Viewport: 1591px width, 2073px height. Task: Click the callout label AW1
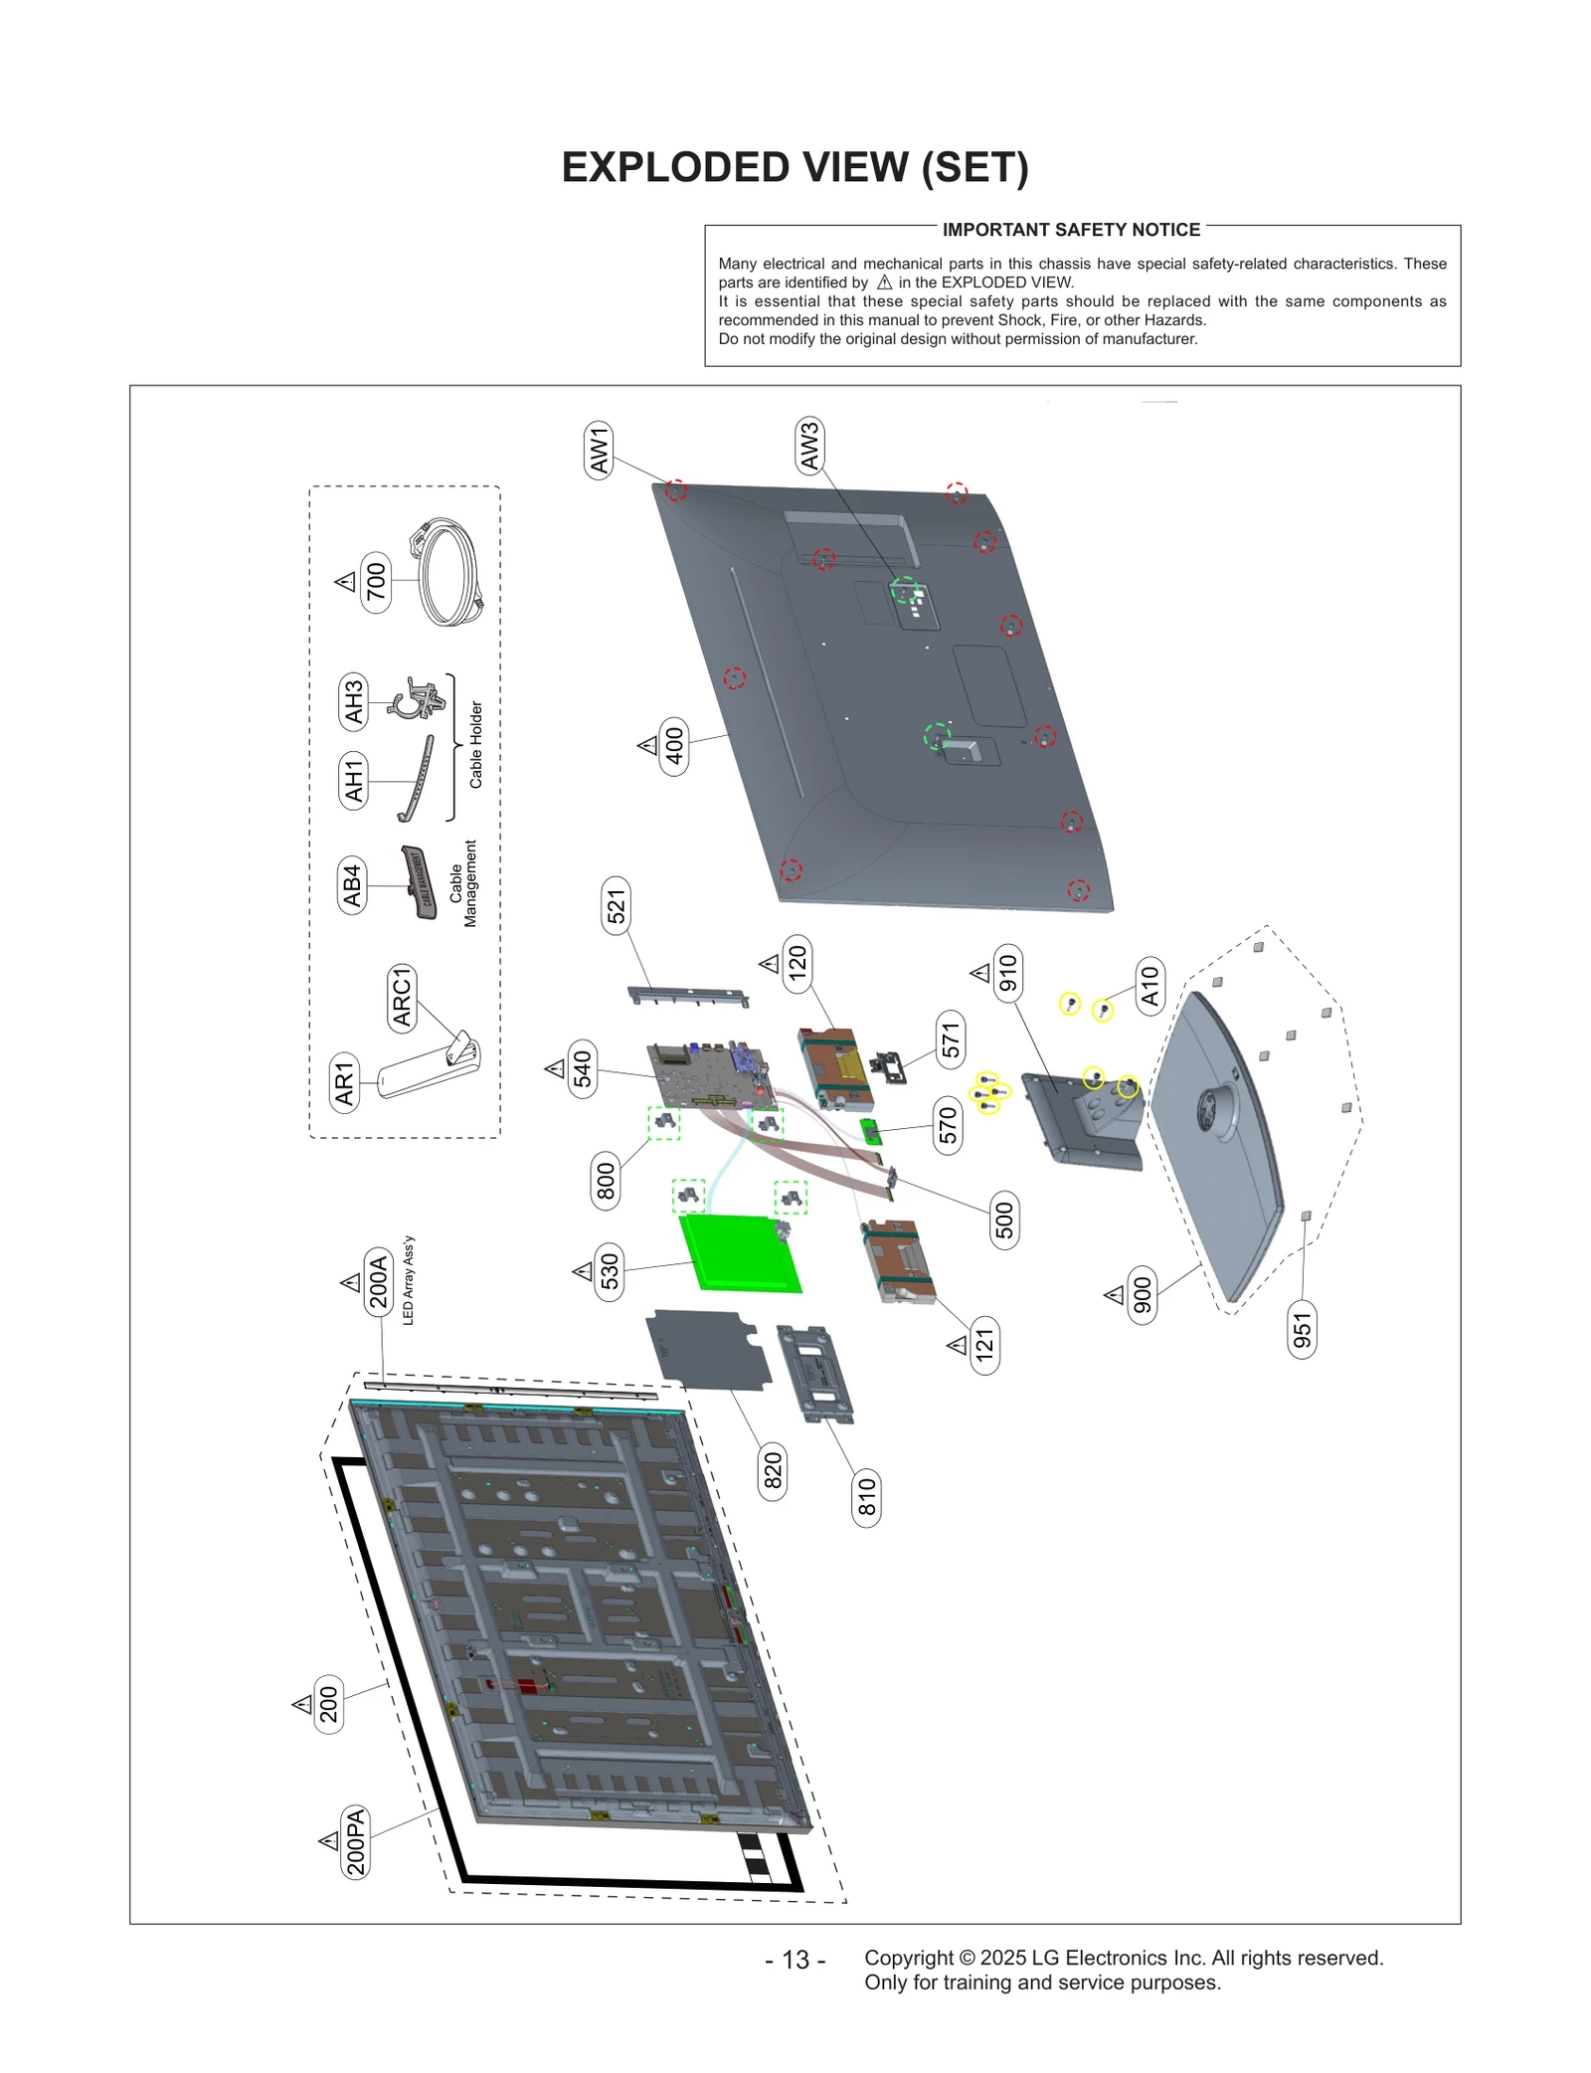(599, 450)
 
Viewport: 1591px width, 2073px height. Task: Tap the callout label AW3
(809, 446)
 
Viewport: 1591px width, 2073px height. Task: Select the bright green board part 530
(739, 1253)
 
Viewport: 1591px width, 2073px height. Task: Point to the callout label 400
(674, 746)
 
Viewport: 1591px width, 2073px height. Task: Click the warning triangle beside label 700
(346, 582)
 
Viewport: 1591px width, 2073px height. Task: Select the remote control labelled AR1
(428, 1069)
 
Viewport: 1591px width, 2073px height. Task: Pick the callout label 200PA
(355, 1842)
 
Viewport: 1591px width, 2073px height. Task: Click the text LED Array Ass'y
(409, 1280)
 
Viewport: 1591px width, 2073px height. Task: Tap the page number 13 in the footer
(795, 1960)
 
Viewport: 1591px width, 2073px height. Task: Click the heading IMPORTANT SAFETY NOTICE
(1071, 230)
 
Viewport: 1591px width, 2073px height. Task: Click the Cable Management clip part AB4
(420, 882)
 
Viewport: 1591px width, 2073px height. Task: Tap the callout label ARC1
(401, 997)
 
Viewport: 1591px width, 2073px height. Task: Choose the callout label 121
(984, 1345)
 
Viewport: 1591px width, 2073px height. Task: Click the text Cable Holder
(475, 745)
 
